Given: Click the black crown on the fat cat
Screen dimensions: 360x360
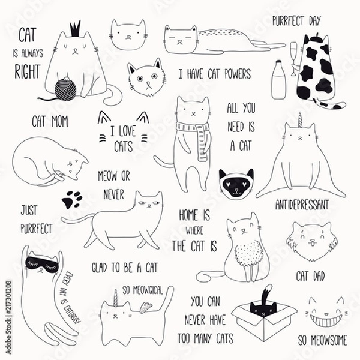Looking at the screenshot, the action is click(x=75, y=29).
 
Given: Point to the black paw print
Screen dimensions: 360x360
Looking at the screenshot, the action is click(x=72, y=199).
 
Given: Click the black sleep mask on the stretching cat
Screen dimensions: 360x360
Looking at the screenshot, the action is click(x=42, y=265).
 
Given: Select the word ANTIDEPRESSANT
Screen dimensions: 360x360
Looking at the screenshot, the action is click(x=302, y=205).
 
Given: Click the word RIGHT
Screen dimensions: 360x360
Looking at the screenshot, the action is click(x=28, y=71).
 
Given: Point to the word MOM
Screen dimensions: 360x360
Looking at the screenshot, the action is click(x=59, y=121).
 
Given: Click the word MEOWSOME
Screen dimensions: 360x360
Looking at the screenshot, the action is click(x=329, y=340).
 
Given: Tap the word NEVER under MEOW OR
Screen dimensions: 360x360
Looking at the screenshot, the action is click(x=113, y=194).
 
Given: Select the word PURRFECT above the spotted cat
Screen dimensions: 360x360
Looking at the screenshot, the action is click(x=289, y=21).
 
